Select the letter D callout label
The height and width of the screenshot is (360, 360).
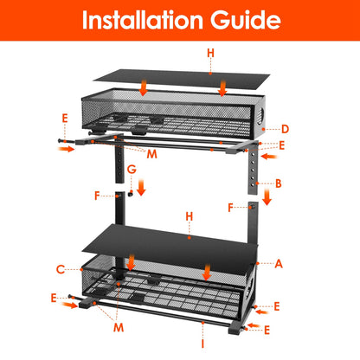285,129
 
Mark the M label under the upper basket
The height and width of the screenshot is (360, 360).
151,154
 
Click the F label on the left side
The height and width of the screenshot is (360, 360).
96,196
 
